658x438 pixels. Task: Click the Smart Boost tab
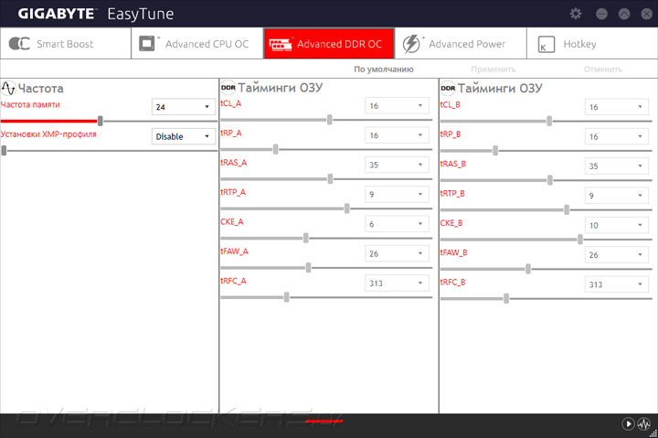point(66,44)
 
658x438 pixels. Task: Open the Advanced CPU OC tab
point(197,44)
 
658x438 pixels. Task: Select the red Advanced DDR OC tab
point(329,44)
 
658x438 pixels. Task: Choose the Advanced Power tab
point(461,44)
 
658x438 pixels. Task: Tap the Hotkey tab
point(592,44)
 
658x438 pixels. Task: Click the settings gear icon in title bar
point(576,14)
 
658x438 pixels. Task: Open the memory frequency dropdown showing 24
point(184,107)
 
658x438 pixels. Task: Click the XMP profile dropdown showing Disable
point(184,136)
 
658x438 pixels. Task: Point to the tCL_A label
point(231,103)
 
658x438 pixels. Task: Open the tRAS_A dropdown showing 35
point(397,165)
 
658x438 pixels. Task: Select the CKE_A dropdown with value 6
point(397,224)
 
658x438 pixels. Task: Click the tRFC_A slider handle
point(287,297)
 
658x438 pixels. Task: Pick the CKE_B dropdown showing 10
point(617,225)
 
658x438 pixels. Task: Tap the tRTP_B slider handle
point(567,210)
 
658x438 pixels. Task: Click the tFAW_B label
point(453,252)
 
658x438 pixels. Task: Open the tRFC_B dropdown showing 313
point(617,284)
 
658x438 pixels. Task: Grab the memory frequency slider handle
point(101,121)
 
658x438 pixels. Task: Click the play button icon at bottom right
point(628,423)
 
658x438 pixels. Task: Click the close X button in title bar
point(647,14)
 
